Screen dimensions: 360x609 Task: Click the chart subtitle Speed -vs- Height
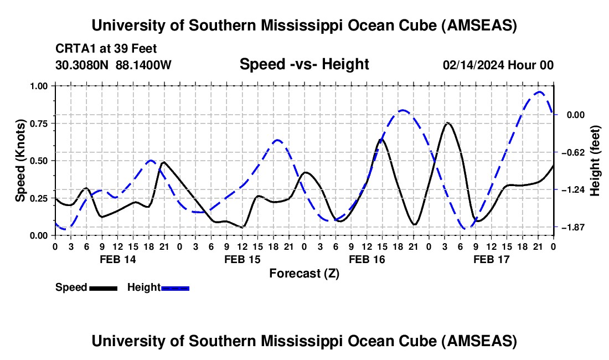(x=304, y=65)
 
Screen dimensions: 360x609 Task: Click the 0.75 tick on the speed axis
(x=39, y=124)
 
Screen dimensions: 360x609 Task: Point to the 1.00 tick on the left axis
(x=39, y=86)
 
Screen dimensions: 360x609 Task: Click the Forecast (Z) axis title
(x=304, y=273)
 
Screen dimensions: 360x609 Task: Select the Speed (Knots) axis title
(x=20, y=161)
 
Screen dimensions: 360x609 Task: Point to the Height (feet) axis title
(x=595, y=161)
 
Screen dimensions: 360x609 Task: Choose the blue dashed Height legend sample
(x=175, y=287)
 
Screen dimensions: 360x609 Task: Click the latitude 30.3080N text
(x=83, y=65)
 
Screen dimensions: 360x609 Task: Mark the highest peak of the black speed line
(x=447, y=123)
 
